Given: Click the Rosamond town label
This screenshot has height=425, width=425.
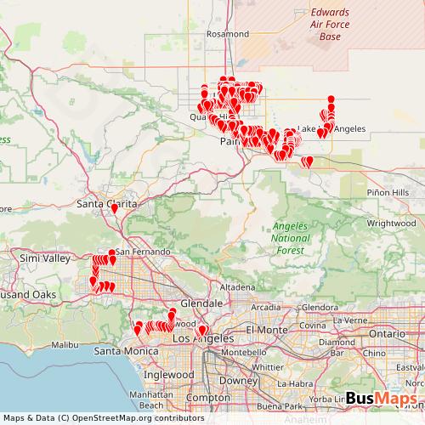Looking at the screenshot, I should [228, 34].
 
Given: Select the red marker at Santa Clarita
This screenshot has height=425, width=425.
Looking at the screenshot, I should [114, 207].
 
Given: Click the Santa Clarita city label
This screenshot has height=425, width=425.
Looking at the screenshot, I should [99, 204].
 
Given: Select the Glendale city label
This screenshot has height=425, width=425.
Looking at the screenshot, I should [201, 303].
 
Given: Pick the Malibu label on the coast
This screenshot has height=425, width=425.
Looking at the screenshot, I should [64, 344].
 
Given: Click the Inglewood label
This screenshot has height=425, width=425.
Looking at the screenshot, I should [167, 375].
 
